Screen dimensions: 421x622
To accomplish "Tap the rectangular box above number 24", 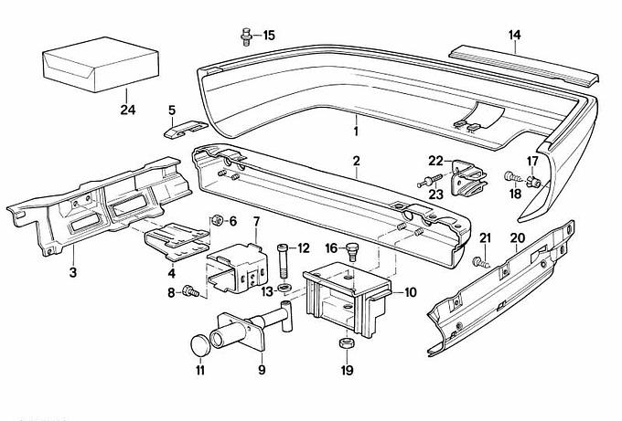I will pyautogui.click(x=95, y=64).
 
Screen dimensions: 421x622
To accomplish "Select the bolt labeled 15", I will pyautogui.click(x=246, y=36).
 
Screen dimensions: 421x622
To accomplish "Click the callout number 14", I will pyautogui.click(x=514, y=36).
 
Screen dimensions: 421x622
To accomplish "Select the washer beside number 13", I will pyautogui.click(x=284, y=290).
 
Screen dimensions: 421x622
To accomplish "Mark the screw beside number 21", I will pyautogui.click(x=481, y=261).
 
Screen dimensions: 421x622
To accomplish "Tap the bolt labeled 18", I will pyautogui.click(x=511, y=176).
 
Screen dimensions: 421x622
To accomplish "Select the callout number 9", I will pyautogui.click(x=261, y=370).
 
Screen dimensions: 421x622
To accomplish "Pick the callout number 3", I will pyautogui.click(x=72, y=271).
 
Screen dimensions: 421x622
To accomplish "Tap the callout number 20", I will pyautogui.click(x=518, y=237).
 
